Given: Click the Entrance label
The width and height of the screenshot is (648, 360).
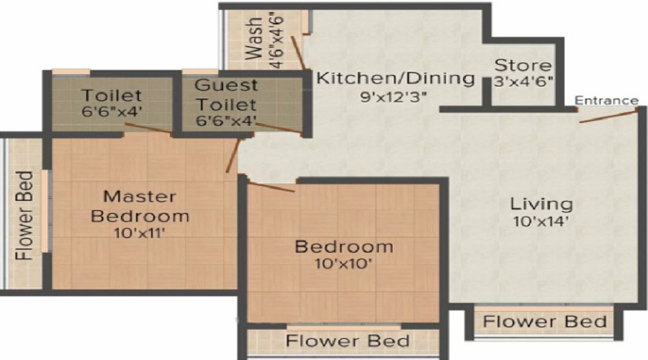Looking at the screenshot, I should (x=607, y=100).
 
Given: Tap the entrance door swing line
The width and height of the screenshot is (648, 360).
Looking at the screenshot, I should (x=608, y=116).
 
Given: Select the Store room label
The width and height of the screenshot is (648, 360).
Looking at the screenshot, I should (x=523, y=66).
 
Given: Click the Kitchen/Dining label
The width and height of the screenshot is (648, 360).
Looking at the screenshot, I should (x=396, y=78).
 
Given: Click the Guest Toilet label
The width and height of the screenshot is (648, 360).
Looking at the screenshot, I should (x=226, y=94).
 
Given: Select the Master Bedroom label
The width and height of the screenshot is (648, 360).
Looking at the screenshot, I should (x=147, y=206).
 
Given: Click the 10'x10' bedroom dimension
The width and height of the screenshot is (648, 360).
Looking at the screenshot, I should (x=343, y=264).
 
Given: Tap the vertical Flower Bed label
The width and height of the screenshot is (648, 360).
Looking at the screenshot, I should (x=25, y=216).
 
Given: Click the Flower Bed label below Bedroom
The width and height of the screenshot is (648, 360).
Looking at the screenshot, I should (x=348, y=341).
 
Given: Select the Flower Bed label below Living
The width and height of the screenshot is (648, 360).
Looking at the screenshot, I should (x=544, y=322).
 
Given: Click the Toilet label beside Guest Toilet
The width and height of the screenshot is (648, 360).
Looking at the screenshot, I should (x=111, y=96).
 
